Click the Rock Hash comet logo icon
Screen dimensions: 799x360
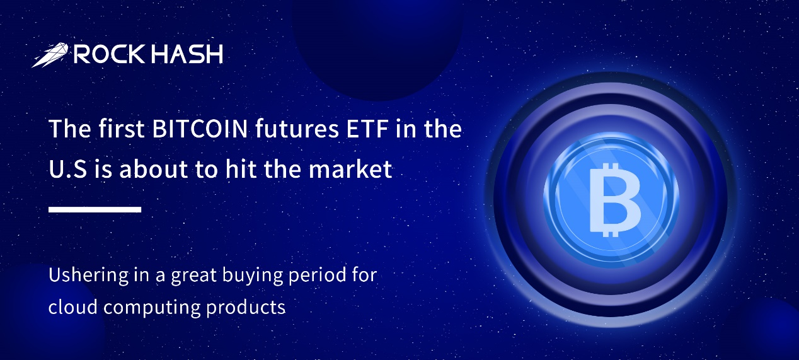click(50, 55)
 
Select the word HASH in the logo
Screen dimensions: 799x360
click(187, 54)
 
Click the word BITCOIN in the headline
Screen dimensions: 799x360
click(200, 129)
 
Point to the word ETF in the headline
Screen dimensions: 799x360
click(367, 129)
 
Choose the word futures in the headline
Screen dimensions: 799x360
click(297, 129)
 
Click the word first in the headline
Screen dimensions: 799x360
click(122, 129)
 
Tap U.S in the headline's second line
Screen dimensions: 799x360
click(68, 169)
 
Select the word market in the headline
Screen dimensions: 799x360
click(350, 169)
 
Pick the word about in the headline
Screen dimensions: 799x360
click(154, 169)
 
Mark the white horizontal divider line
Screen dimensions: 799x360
click(95, 209)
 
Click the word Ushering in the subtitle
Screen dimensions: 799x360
click(88, 275)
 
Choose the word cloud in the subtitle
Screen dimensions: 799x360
click(73, 307)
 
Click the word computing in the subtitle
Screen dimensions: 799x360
click(152, 308)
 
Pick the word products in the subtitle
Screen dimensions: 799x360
click(246, 308)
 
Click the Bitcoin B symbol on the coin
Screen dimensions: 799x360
click(614, 200)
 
